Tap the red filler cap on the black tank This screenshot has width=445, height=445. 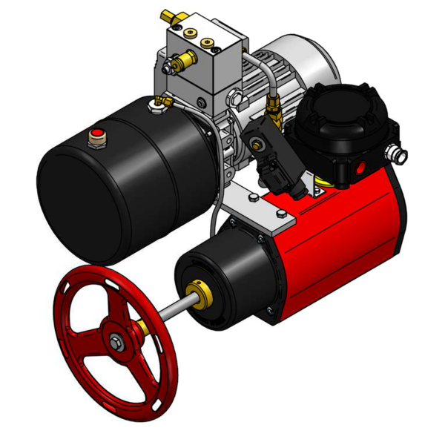click(x=96, y=134)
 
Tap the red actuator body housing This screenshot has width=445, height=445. click(x=341, y=237)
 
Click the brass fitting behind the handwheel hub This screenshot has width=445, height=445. click(x=139, y=326)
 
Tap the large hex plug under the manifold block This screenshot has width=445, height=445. click(x=236, y=96)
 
